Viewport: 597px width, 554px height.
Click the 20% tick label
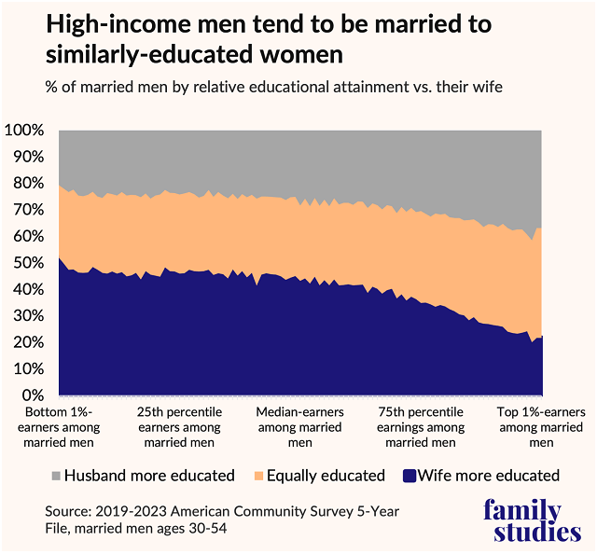(x=28, y=342)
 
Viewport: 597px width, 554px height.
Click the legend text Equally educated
(x=326, y=476)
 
